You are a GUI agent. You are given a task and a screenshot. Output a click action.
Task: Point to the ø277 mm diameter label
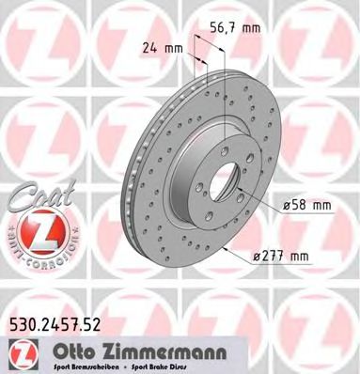[282, 256]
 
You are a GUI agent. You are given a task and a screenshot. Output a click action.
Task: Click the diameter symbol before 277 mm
[257, 256]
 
